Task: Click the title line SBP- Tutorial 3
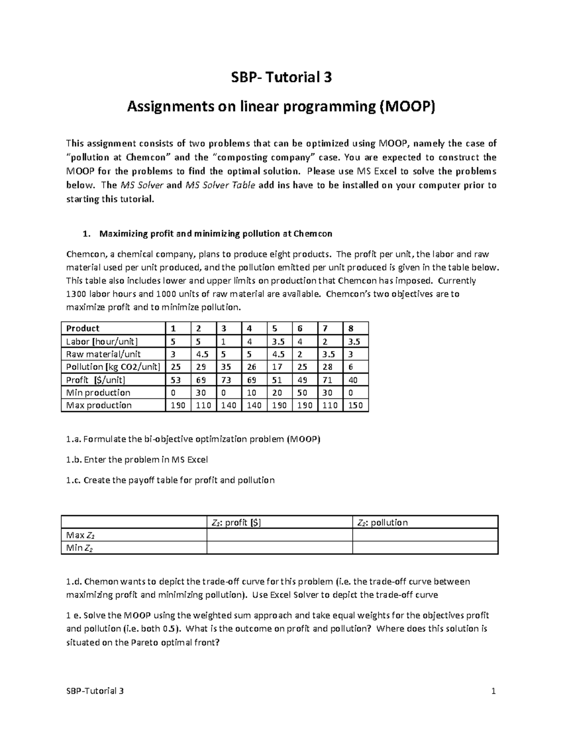(281, 77)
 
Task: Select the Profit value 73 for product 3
(228, 380)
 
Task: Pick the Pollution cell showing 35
(228, 367)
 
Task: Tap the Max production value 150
(356, 405)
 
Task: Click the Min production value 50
(304, 392)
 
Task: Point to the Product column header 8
(356, 328)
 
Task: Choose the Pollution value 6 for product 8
(356, 367)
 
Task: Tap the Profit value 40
(356, 380)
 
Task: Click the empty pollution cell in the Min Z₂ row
(425, 548)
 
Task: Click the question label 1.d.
(74, 582)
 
